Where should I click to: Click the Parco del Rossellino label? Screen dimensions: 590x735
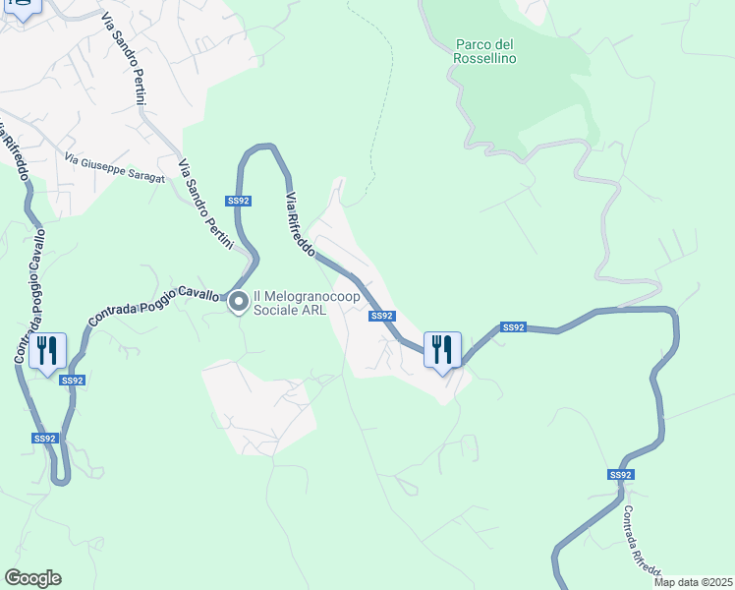tap(485, 51)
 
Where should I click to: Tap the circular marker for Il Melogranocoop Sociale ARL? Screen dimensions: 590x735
tap(238, 304)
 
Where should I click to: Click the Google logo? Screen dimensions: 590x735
tap(32, 577)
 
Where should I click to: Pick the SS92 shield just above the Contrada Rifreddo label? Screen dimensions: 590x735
tap(620, 475)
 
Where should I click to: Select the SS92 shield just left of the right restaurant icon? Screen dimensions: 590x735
tap(382, 316)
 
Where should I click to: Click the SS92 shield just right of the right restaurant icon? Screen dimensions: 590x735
tap(514, 327)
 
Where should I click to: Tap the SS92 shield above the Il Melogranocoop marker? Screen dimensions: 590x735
tap(238, 201)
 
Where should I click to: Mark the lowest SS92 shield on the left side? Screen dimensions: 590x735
tap(44, 439)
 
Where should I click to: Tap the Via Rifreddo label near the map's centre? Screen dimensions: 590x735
tap(300, 225)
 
